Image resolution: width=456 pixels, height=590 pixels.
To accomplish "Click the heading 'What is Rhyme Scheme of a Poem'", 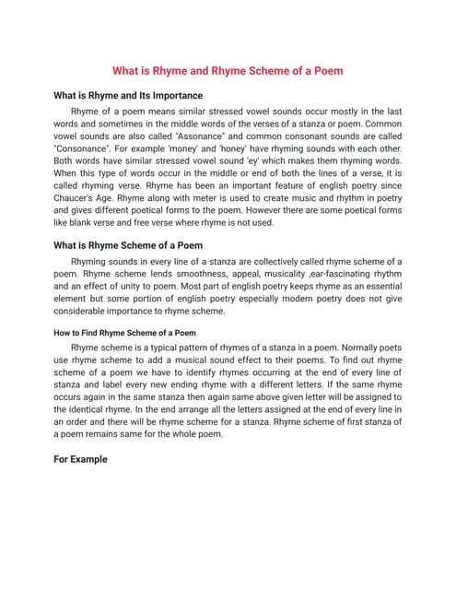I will pyautogui.click(x=128, y=246).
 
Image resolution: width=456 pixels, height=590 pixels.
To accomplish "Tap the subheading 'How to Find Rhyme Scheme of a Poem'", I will pyautogui.click(x=124, y=333).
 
